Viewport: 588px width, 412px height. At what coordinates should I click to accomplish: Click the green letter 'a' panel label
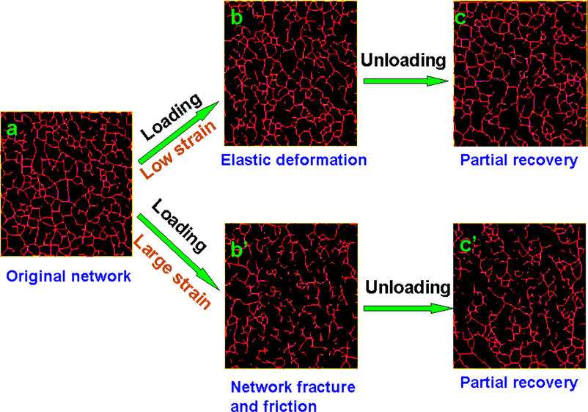(12, 129)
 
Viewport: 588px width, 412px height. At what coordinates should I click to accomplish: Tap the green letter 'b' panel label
(237, 17)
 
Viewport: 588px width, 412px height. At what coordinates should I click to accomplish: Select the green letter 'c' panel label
(460, 18)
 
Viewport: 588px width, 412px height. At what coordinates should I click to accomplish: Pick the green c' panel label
(468, 245)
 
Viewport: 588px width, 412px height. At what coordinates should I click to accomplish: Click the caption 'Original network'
(69, 276)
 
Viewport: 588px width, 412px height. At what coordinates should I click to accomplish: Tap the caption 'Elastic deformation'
(293, 160)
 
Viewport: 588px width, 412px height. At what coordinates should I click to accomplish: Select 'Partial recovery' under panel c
(519, 161)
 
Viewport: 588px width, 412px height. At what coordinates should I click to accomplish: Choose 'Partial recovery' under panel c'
(519, 383)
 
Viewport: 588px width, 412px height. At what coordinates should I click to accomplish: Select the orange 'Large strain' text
(172, 271)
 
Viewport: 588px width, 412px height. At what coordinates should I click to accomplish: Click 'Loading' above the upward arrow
(172, 117)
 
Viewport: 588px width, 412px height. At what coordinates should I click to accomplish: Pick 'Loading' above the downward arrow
(179, 226)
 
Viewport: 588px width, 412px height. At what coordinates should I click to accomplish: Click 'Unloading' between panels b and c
(403, 60)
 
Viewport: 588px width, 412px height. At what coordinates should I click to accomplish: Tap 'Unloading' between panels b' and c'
(408, 287)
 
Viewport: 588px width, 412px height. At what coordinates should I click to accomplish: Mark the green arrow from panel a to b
(178, 133)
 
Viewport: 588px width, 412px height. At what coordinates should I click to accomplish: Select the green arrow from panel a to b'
(178, 252)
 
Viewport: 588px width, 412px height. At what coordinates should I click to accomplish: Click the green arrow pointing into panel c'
(408, 308)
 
